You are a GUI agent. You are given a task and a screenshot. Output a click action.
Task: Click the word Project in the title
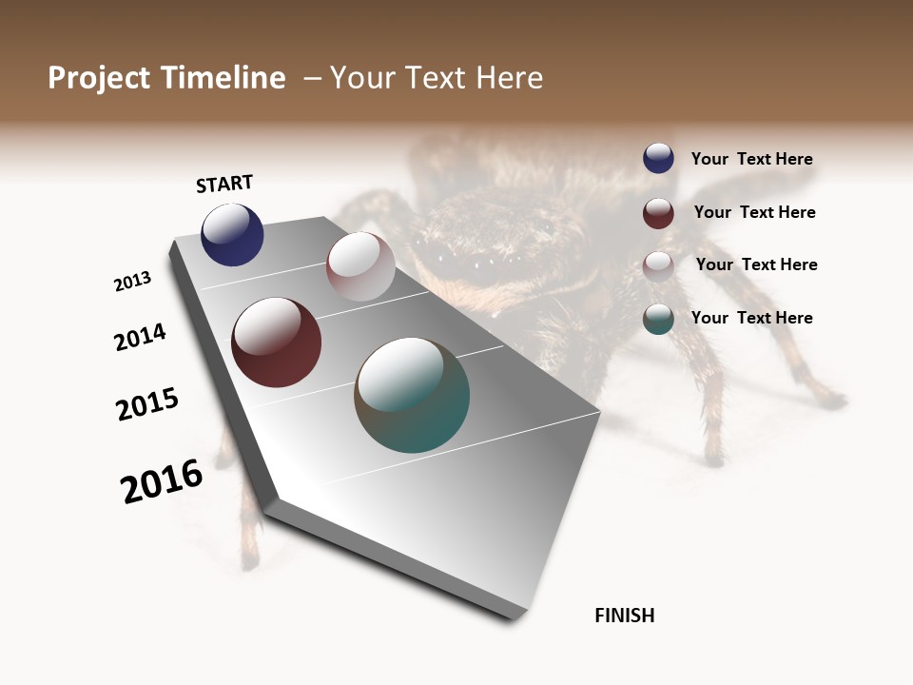[99, 78]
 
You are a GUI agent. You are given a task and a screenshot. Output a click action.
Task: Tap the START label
[224, 184]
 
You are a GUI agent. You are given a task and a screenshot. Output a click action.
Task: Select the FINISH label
[625, 616]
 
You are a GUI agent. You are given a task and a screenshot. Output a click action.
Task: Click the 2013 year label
[133, 282]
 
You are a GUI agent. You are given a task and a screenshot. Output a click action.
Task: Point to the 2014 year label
[141, 337]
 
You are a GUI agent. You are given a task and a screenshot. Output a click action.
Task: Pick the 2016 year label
[162, 481]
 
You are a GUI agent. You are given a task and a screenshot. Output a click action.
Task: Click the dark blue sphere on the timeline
[232, 235]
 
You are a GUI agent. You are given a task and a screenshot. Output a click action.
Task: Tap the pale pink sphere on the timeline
[360, 266]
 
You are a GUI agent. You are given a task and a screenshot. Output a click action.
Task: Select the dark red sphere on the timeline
[276, 342]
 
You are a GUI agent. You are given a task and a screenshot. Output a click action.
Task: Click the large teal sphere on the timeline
[412, 395]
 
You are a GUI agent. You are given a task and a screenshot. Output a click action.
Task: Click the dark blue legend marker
[658, 158]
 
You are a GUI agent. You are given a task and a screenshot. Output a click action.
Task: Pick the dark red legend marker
[658, 213]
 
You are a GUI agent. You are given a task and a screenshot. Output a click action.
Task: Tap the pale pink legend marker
[658, 265]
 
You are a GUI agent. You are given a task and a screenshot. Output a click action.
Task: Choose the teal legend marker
[658, 319]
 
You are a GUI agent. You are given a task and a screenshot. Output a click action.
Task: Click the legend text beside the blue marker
[752, 159]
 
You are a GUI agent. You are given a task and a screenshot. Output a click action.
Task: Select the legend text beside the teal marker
[752, 318]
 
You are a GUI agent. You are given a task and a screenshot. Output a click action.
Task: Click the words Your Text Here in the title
[437, 78]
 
